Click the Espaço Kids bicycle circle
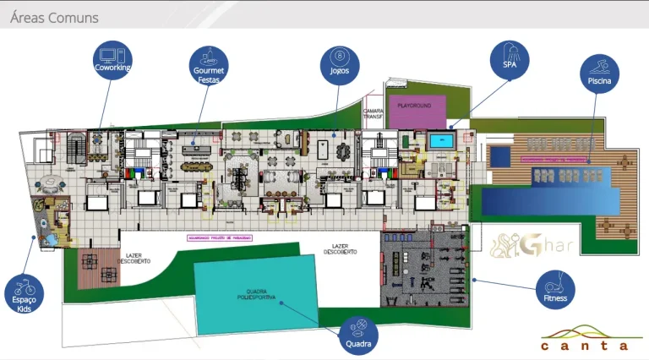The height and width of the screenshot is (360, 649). [25, 290]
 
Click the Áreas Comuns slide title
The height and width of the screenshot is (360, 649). [54, 17]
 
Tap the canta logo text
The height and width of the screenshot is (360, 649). [585, 345]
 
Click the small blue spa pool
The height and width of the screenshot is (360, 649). [440, 141]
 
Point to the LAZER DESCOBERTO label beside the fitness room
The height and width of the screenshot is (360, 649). [340, 249]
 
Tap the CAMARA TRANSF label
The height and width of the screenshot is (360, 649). [374, 114]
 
